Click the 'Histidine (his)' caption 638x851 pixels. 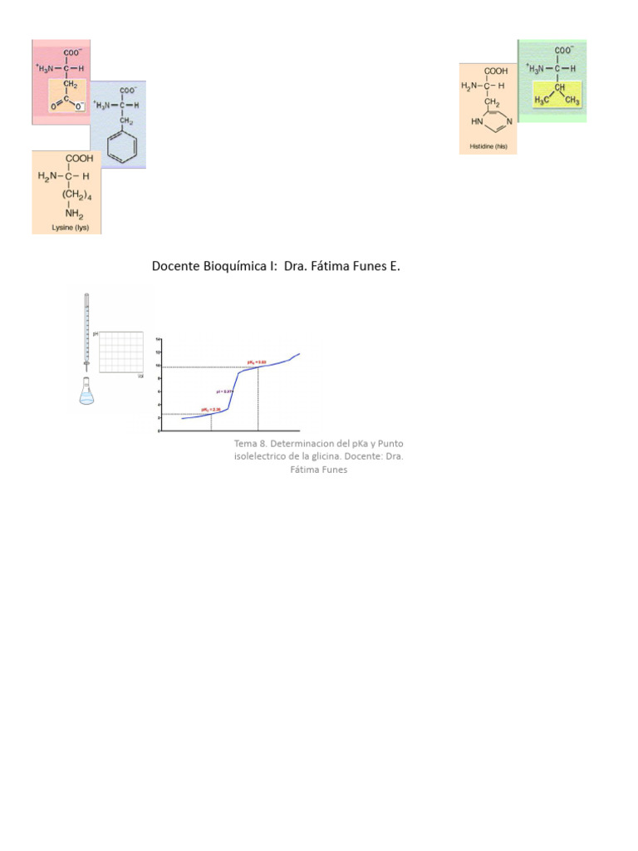(x=488, y=147)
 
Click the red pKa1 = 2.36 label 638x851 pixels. (x=210, y=410)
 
